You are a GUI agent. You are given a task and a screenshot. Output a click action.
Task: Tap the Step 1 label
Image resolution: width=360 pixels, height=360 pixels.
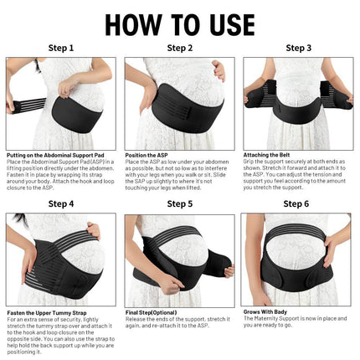coord(61,49)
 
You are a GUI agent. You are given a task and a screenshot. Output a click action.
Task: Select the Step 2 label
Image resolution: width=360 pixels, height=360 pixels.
coord(179,49)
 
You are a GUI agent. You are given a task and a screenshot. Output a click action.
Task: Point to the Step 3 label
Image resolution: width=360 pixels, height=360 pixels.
coord(298,49)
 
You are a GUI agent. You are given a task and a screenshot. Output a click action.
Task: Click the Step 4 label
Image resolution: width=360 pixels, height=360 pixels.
coord(61,203)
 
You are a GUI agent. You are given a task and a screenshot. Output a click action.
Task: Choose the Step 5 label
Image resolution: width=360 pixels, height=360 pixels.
coord(179,203)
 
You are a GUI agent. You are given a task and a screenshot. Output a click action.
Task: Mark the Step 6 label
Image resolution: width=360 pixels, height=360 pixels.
coord(298,203)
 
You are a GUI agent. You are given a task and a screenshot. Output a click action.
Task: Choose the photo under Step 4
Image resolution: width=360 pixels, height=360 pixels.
coord(61,260)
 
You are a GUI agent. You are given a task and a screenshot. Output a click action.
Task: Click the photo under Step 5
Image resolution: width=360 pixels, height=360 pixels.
coord(179,260)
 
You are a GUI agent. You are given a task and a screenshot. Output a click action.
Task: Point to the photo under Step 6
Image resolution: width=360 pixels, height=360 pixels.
coord(298,260)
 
